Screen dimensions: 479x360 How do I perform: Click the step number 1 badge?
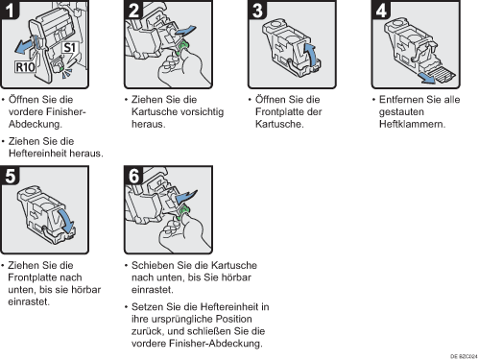(10, 10)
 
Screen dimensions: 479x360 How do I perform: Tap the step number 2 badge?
(133, 10)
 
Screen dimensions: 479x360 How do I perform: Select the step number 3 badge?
(257, 10)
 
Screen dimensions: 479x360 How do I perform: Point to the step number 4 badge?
(381, 10)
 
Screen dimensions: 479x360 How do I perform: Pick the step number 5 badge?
(10, 176)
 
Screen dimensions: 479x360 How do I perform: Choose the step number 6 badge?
(133, 176)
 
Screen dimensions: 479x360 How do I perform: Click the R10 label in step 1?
(25, 67)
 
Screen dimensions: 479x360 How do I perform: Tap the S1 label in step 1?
(69, 48)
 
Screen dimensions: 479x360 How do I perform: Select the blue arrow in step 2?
(185, 31)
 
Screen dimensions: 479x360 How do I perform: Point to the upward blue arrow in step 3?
(310, 54)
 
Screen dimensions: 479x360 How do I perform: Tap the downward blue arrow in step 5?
(66, 221)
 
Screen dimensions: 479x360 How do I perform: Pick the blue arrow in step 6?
(186, 196)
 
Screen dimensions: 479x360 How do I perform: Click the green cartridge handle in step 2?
(182, 47)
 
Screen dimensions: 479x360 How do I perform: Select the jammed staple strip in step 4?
(443, 74)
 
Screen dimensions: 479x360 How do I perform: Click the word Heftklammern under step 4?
(412, 124)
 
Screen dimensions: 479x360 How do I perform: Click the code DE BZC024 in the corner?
(464, 356)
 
